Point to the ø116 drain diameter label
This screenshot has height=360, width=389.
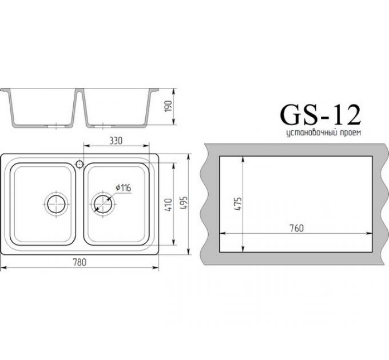pos(124,187)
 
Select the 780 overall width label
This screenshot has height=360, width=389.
pos(80,262)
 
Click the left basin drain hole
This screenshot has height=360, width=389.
pos(56,202)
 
